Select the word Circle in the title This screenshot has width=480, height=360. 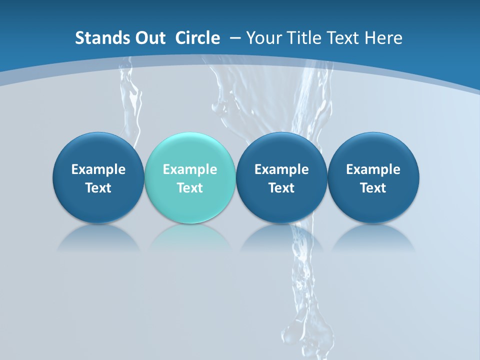coord(197,38)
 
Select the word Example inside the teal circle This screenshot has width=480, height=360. coord(190,169)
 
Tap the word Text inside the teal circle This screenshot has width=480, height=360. coord(190,188)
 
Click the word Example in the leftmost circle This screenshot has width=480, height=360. coord(98,169)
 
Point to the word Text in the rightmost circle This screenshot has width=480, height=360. coord(373,188)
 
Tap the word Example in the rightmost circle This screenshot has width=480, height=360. coord(373,169)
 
